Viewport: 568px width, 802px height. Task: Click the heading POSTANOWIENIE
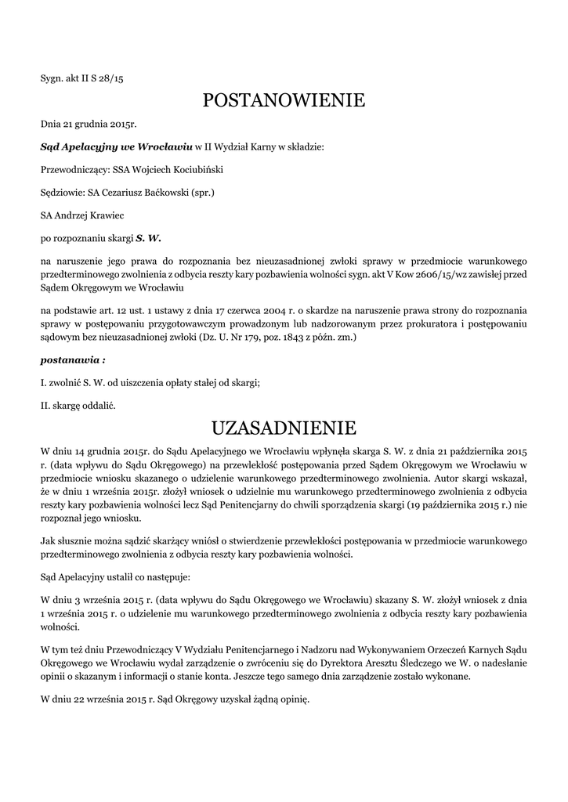point(284,100)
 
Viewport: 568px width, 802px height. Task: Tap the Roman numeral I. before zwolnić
point(43,383)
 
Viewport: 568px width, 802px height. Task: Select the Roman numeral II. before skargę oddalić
point(45,406)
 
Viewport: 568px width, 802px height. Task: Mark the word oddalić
point(105,406)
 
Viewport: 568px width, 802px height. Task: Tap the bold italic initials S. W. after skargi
point(148,237)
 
